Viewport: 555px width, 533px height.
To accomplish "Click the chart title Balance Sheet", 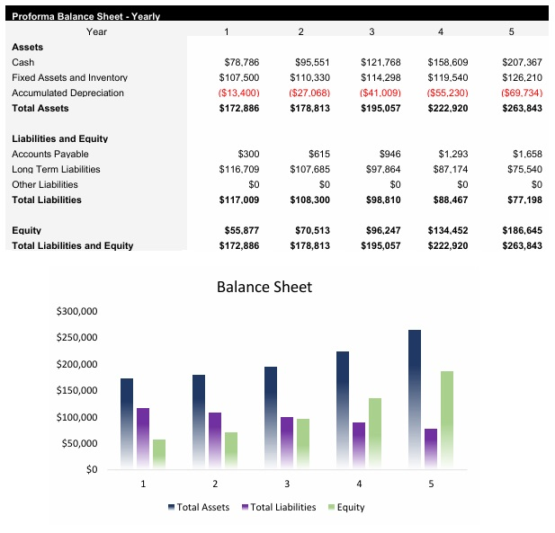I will point(264,288).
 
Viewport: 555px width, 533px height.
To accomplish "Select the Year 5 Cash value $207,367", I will point(522,63).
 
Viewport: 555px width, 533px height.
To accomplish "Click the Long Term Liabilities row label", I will point(56,170).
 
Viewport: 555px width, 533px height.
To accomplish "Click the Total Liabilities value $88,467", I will point(446,200).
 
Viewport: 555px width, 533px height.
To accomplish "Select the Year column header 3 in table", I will point(371,32).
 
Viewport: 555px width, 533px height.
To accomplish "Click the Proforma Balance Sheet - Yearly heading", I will point(85,17).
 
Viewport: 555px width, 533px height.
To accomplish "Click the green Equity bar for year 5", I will point(447,418).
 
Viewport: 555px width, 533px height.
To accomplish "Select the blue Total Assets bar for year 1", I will point(127,422).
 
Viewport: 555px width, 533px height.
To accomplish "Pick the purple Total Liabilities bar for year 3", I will point(287,441).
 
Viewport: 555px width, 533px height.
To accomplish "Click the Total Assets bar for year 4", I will point(343,409).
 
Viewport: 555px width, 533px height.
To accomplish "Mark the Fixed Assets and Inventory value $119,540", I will point(446,78).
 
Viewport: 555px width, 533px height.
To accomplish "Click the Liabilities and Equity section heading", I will point(59,139).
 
